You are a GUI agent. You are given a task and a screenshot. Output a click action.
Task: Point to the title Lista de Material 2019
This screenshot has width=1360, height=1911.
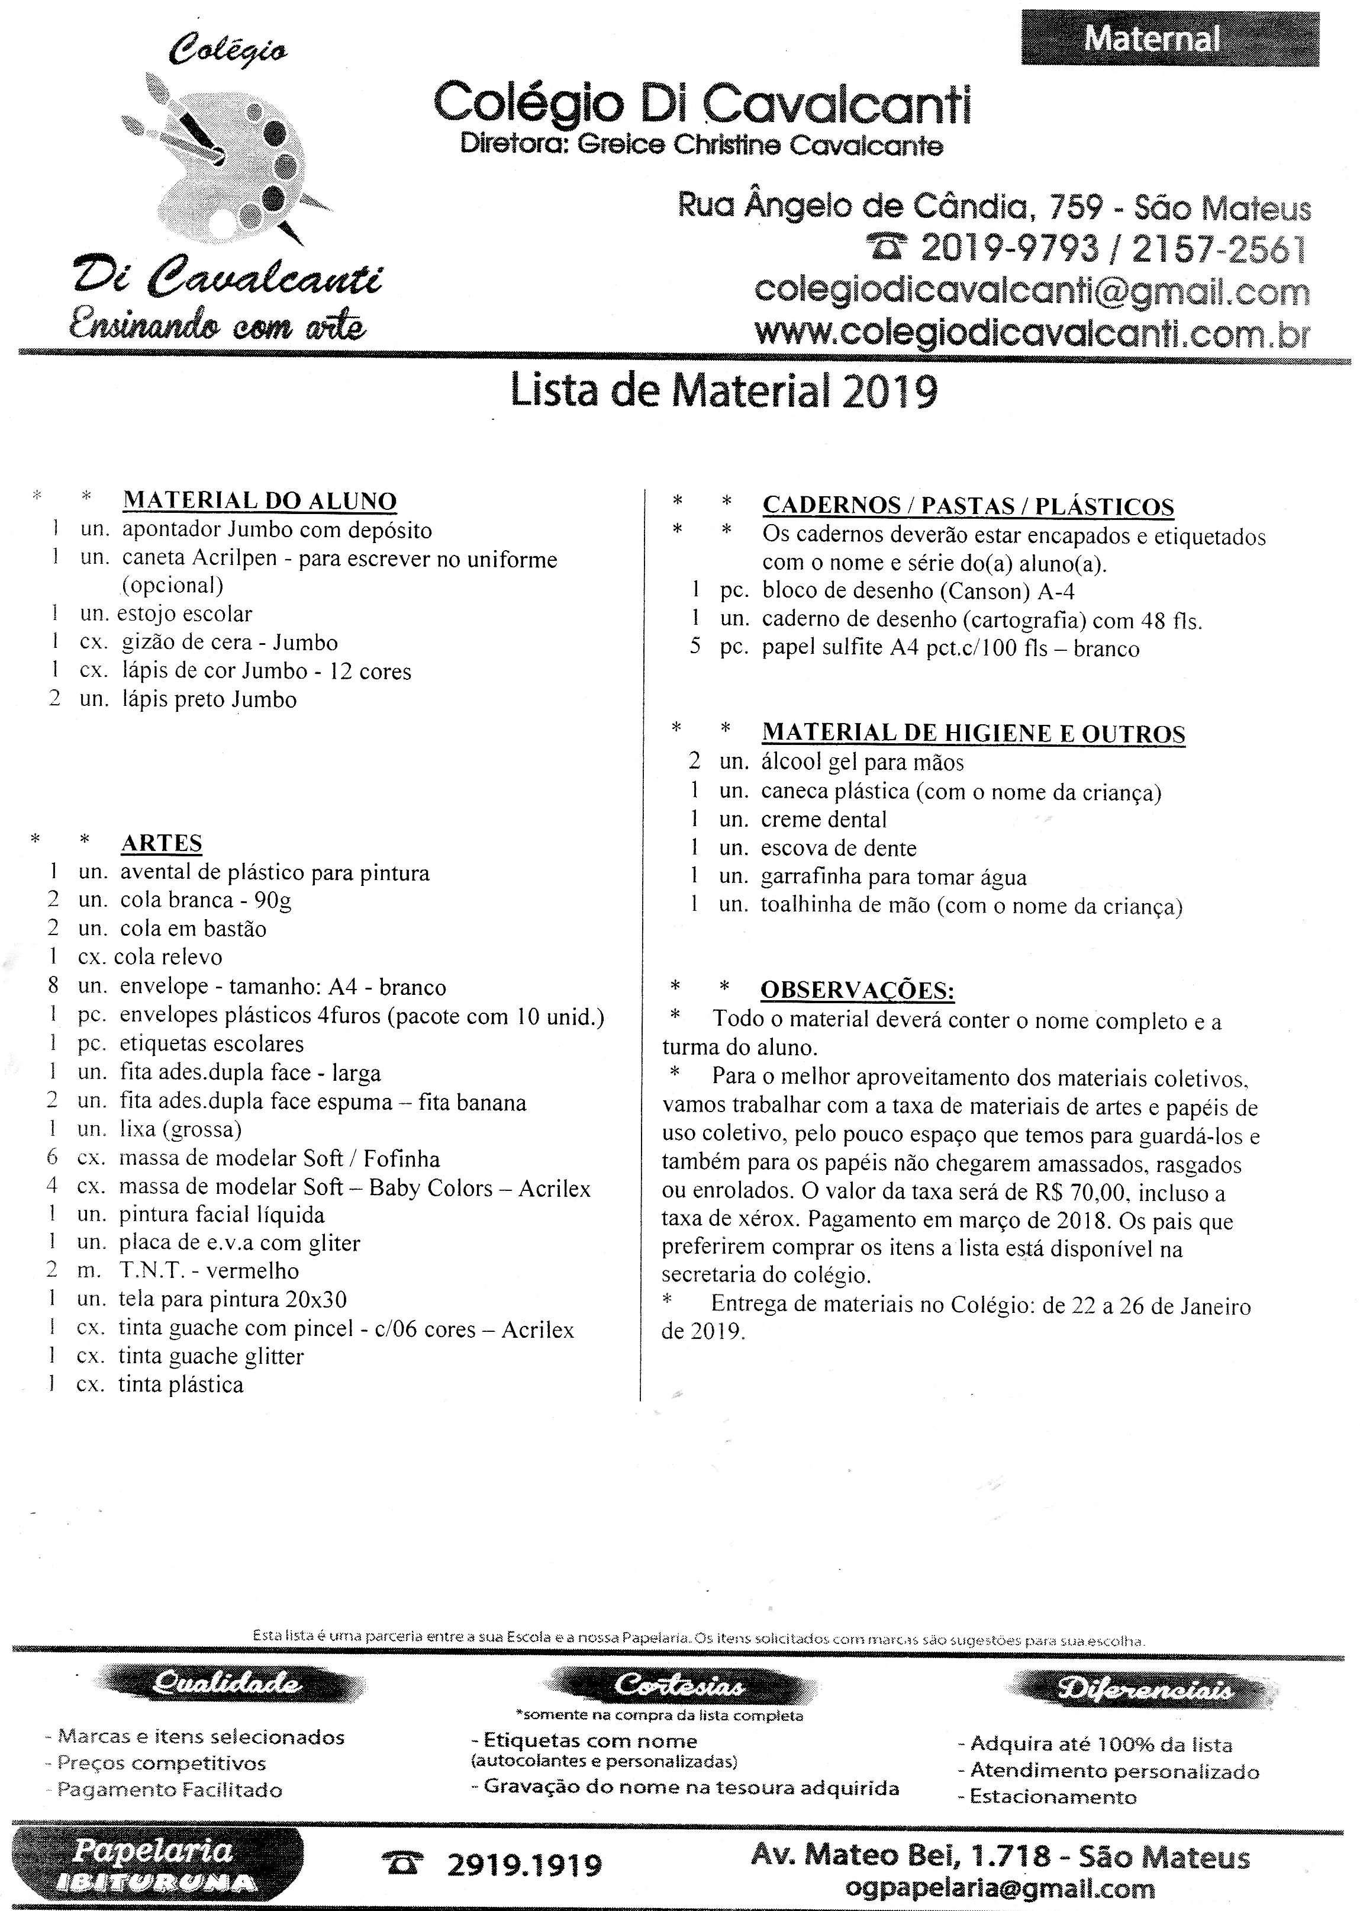724,391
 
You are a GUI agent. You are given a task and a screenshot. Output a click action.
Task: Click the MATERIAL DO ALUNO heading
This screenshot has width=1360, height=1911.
260,500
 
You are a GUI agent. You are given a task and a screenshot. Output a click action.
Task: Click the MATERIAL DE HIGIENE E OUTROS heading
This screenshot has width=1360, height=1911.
973,733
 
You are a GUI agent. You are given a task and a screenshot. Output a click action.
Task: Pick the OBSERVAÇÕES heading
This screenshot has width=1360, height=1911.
857,990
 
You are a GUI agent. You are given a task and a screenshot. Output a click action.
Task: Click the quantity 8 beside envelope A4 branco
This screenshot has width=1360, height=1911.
53,986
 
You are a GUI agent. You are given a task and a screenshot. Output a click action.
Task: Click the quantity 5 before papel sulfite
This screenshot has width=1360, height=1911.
695,648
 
